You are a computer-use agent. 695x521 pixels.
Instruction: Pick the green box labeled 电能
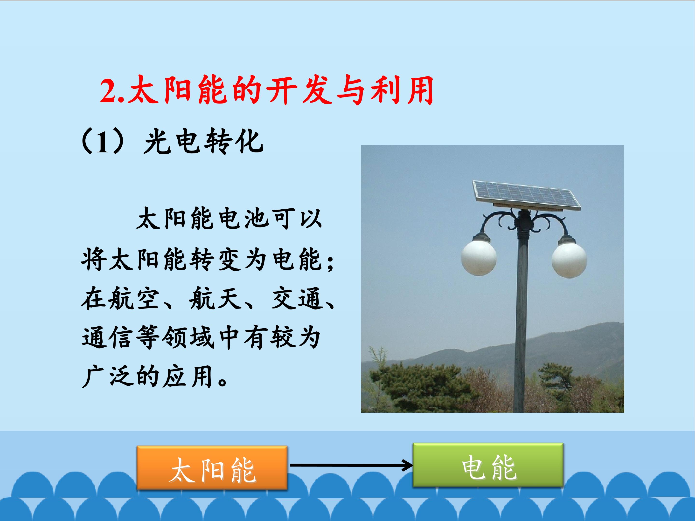click(x=488, y=465)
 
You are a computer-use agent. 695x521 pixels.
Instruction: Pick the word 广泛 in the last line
click(x=107, y=377)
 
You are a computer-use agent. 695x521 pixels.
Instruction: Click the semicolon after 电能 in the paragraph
click(x=330, y=263)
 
